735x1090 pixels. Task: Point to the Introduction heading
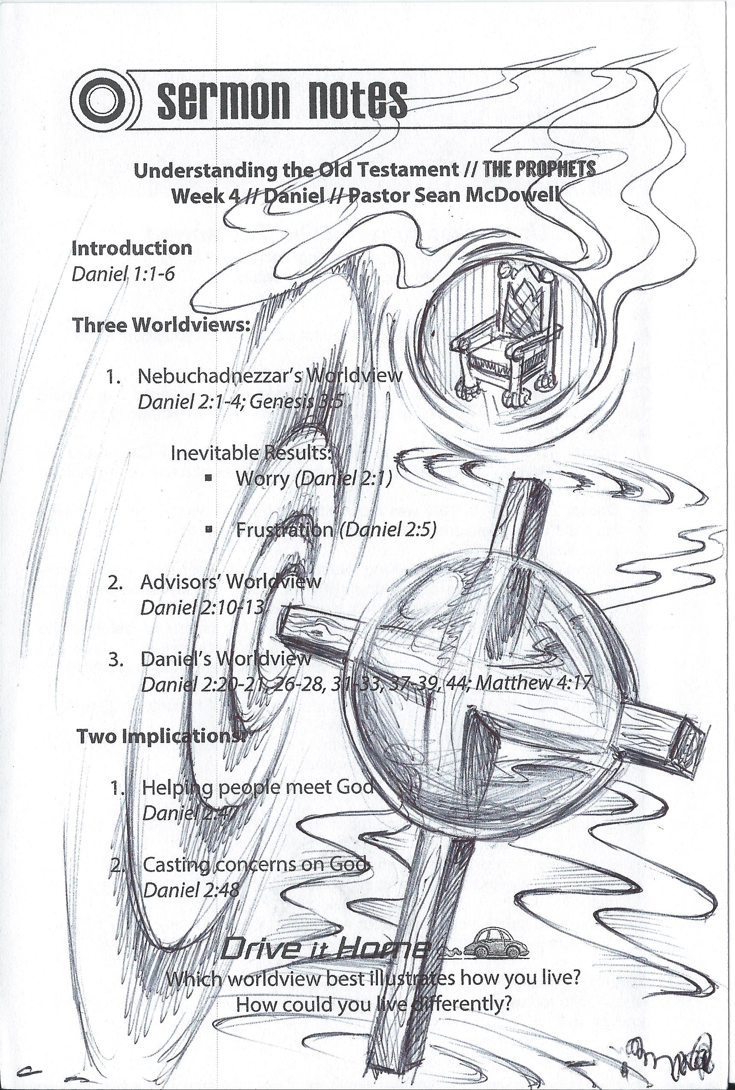click(132, 248)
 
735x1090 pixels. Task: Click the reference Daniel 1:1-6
click(123, 273)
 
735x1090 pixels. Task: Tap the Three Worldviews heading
click(159, 325)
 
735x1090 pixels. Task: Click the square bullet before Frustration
click(209, 529)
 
